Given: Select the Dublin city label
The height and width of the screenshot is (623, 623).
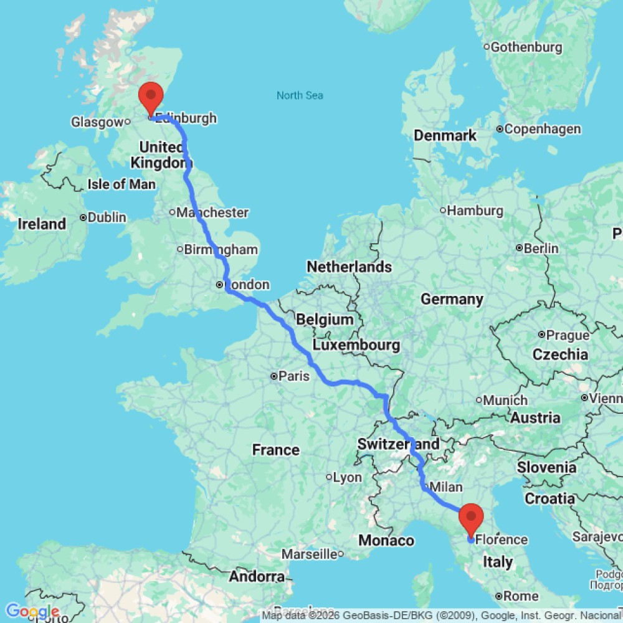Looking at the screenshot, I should pyautogui.click(x=107, y=217).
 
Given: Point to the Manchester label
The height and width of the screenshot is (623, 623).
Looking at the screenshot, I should pyautogui.click(x=212, y=212).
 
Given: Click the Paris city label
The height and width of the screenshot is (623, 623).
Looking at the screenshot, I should pyautogui.click(x=294, y=376).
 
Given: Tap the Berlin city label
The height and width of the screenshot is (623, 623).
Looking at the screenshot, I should pyautogui.click(x=541, y=248).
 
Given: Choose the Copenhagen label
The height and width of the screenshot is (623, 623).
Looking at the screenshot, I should pyautogui.click(x=543, y=129).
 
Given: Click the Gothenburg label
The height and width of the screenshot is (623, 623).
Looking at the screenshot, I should pyautogui.click(x=526, y=47).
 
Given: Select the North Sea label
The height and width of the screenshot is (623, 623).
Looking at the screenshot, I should pyautogui.click(x=300, y=95).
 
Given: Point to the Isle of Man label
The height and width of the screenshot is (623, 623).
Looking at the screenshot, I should pyautogui.click(x=121, y=184).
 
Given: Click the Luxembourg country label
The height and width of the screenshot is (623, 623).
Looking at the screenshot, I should pyautogui.click(x=356, y=345).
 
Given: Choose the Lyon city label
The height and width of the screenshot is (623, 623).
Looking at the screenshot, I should pyautogui.click(x=347, y=477).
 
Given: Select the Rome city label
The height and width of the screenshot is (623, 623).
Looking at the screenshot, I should pyautogui.click(x=521, y=596).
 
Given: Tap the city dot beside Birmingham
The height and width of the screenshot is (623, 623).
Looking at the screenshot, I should pyautogui.click(x=180, y=250).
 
